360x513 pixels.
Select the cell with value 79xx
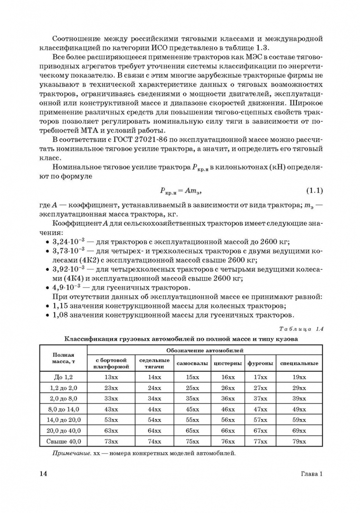tap(299, 442)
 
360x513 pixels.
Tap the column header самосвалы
tap(192, 363)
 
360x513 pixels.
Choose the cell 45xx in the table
tap(192, 409)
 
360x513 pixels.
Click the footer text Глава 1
tap(312, 474)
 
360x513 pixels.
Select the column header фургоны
tap(260, 363)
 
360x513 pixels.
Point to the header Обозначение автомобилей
tap(205, 350)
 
